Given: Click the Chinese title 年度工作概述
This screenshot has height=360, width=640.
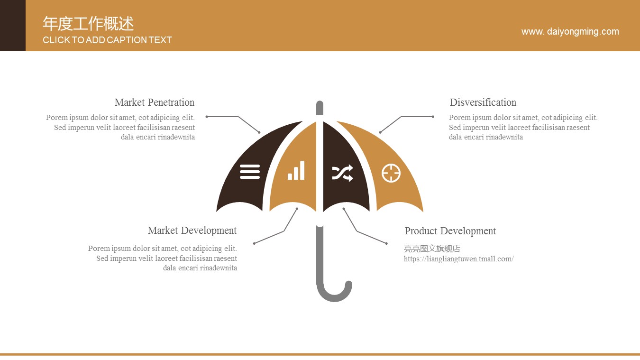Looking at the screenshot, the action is point(88,23).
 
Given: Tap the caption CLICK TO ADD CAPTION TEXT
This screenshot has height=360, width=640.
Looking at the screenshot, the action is point(107,40).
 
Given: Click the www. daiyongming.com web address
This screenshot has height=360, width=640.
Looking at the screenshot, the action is point(570,32).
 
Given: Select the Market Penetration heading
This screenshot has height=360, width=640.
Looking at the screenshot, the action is point(154,102).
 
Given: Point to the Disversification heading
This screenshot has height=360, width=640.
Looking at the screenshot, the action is point(483,102).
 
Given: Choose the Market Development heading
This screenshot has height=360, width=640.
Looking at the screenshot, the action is point(192,231).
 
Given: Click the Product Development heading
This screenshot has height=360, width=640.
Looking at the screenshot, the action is point(450,231).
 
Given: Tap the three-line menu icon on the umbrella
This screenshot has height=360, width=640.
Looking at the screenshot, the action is point(250,172).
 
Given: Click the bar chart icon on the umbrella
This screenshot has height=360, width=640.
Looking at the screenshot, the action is point(296,170).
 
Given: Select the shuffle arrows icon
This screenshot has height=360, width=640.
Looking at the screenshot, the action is point(343,173).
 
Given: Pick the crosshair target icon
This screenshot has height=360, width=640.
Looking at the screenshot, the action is point(391,173).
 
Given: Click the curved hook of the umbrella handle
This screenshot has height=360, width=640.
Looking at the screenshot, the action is point(334,293).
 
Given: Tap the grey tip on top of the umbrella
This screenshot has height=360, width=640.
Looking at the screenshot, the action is point(320,108).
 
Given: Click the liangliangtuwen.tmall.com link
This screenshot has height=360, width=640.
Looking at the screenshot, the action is point(458,259).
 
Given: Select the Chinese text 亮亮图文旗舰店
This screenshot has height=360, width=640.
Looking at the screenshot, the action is point(432,249).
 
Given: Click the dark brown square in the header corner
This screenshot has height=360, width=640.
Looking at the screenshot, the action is point(13,26).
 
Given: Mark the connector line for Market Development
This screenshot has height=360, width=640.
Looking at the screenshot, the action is point(283,231).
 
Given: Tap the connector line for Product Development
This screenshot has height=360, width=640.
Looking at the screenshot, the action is point(357,231).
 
